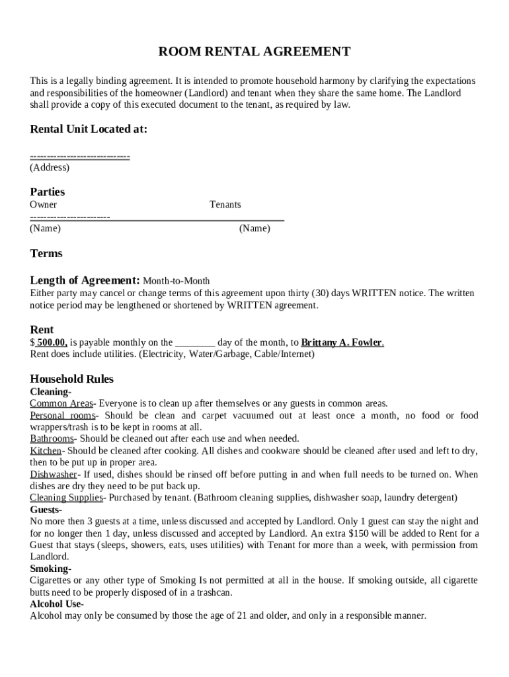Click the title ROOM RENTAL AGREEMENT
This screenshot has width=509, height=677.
255,52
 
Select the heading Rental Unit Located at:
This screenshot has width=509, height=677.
89,129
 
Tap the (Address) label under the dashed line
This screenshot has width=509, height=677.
50,167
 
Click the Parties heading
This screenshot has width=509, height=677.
48,192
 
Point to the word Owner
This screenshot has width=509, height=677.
44,204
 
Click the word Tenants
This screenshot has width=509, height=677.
225,204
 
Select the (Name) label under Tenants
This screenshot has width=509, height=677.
255,228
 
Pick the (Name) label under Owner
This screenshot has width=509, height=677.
45,228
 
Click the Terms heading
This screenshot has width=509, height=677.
46,253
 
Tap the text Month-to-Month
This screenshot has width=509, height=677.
176,281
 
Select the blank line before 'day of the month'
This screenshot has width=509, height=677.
194,342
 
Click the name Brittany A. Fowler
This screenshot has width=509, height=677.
342,342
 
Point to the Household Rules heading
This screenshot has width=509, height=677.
72,379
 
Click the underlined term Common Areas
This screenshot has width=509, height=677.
61,403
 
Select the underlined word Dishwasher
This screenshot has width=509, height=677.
54,474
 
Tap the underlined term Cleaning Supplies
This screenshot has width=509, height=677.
67,498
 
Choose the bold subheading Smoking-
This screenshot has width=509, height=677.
51,569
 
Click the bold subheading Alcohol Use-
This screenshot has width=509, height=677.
57,604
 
